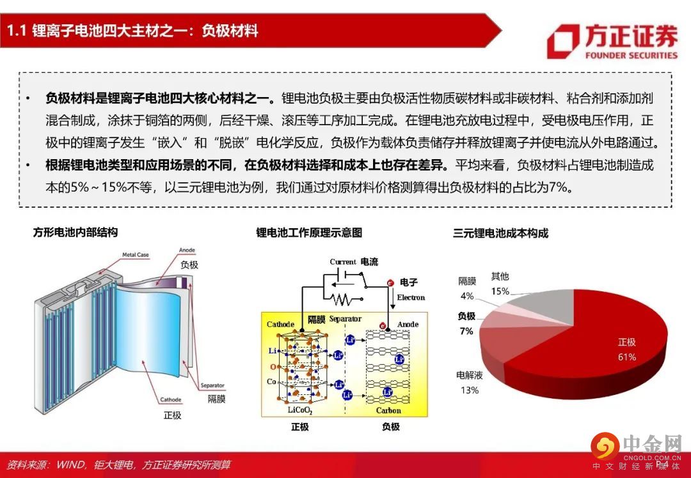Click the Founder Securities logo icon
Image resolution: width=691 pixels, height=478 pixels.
tap(563, 41)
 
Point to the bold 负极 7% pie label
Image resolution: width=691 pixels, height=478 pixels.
tap(466, 323)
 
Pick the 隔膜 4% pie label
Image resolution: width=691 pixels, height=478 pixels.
tap(467, 288)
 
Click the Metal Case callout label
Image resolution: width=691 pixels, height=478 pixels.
tap(135, 255)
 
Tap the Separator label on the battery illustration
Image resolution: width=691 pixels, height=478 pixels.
tap(212, 385)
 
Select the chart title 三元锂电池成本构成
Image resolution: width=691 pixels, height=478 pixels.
tap(500, 233)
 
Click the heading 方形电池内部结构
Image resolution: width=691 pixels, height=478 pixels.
tap(75, 233)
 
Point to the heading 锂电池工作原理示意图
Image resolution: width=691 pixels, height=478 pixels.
tap(309, 233)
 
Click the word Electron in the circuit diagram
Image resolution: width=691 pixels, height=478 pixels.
tap(411, 298)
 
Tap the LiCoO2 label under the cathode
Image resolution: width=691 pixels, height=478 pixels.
tap(300, 411)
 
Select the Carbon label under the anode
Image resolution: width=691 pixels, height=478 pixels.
tap(388, 411)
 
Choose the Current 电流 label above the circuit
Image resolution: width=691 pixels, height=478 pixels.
tap(354, 262)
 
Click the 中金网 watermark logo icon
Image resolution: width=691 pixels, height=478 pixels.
tap(605, 446)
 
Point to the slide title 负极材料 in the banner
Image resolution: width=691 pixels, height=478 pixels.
tap(230, 31)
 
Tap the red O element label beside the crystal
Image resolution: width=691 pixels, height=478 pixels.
tap(273, 367)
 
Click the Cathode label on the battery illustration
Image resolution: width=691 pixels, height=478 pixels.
tap(171, 399)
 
